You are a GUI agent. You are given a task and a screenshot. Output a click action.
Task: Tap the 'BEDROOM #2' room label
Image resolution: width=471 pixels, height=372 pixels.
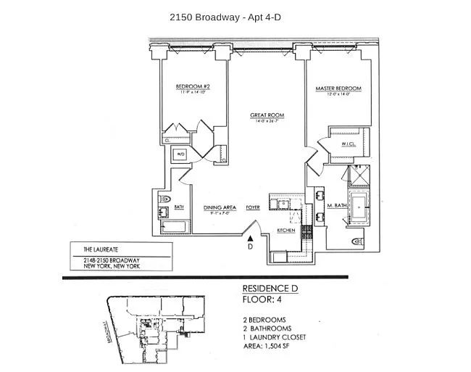tap(191, 88)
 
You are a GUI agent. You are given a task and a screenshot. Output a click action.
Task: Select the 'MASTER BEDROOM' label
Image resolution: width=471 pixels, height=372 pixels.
tap(338, 88)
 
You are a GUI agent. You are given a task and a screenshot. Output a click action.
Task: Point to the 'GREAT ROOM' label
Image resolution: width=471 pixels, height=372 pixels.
tap(267, 115)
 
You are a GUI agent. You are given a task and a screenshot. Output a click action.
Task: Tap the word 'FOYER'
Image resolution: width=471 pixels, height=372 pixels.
tap(253, 206)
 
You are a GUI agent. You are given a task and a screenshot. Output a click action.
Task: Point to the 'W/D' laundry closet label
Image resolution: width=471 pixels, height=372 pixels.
tap(182, 154)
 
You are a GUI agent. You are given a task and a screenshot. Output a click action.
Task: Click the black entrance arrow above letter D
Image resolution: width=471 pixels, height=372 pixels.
tap(250, 236)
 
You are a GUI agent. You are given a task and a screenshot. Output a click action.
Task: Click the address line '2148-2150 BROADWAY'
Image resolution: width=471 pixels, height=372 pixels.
tap(112, 260)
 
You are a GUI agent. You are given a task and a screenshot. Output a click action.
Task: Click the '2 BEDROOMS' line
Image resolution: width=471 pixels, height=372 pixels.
tap(264, 320)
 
